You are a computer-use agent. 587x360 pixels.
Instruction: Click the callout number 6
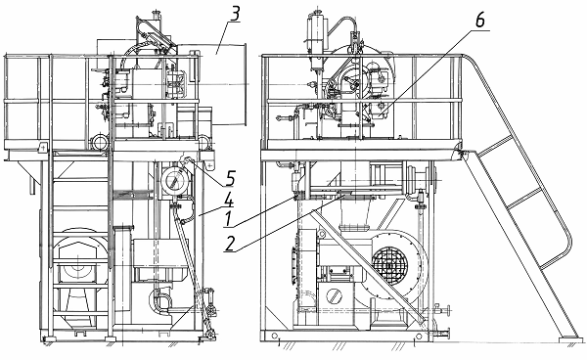tap(480, 20)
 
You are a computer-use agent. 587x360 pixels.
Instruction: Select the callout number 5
tap(230, 178)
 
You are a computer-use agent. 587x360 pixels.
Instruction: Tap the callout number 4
tap(228, 201)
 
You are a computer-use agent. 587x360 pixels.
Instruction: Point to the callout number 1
tap(227, 220)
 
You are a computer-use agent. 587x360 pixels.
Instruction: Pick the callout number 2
tap(230, 244)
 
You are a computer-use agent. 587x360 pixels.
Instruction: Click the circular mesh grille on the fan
tap(389, 265)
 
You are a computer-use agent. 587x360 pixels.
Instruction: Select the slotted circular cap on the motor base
tap(335, 296)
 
